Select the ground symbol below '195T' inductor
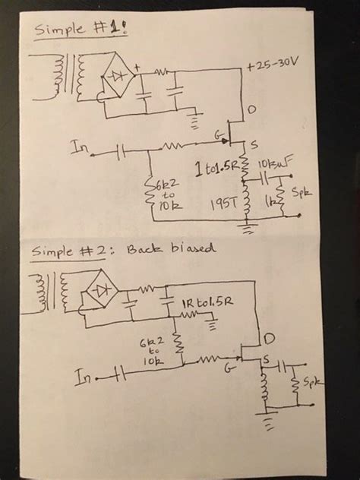point(248,226)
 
